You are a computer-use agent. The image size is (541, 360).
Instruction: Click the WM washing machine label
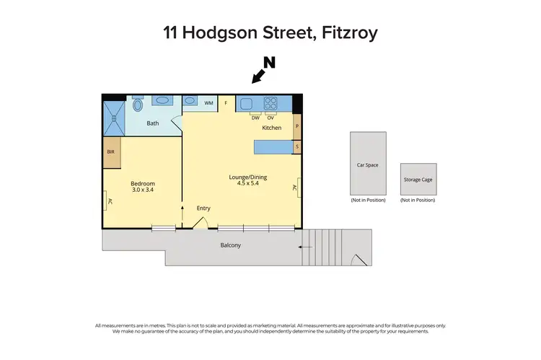(208, 103)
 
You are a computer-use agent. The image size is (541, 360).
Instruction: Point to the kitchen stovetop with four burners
(271, 102)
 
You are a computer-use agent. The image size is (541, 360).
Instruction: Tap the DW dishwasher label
(255, 118)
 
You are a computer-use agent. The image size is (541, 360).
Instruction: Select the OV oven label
(270, 118)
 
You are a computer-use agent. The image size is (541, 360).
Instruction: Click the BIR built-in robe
(111, 152)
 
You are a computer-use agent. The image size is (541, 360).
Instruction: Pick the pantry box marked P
(296, 127)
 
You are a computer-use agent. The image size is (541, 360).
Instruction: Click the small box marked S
(296, 146)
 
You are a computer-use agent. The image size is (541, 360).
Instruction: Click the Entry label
(203, 208)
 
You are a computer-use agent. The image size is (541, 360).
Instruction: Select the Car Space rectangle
(367, 164)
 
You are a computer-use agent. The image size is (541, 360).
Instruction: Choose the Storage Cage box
(418, 178)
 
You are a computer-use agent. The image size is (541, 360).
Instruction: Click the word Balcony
(230, 245)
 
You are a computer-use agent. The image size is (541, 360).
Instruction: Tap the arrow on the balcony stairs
(306, 247)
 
